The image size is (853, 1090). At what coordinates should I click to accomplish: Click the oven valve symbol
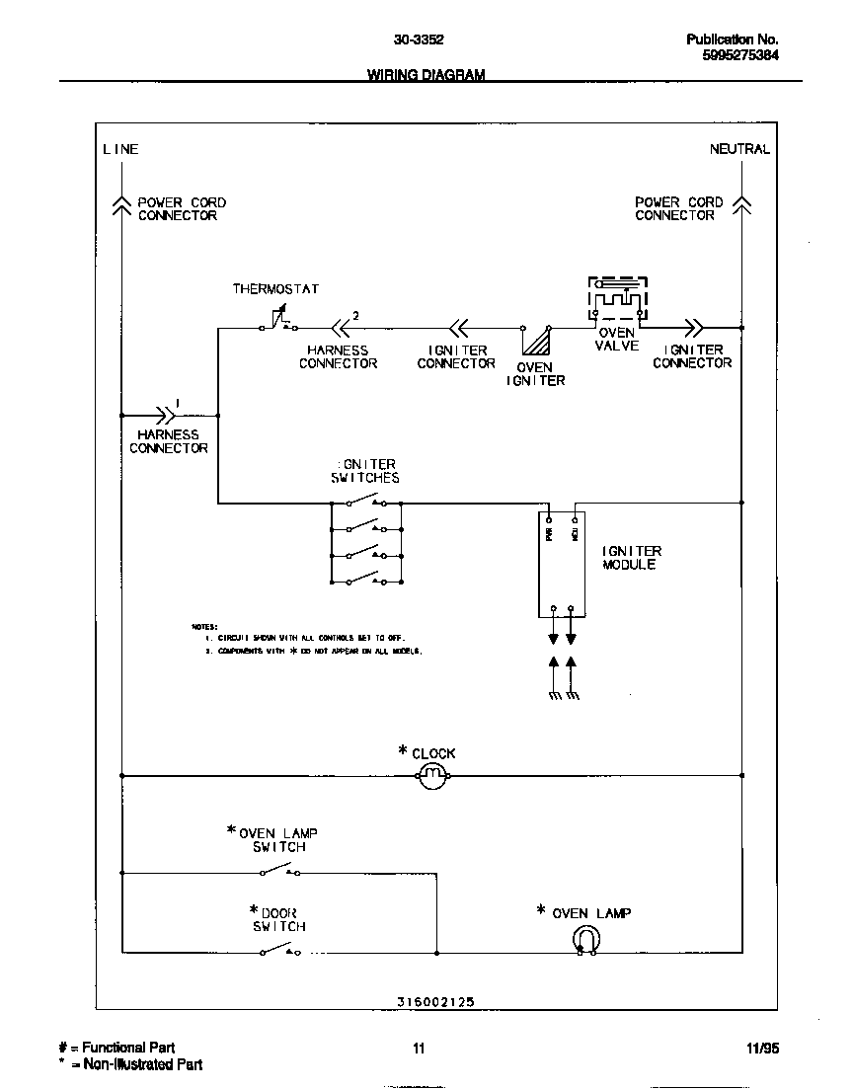click(618, 300)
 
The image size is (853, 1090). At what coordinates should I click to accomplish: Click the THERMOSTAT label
click(275, 289)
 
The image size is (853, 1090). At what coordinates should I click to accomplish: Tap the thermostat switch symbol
click(276, 321)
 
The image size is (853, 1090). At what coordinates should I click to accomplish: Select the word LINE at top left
click(120, 149)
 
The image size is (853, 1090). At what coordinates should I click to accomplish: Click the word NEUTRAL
click(738, 149)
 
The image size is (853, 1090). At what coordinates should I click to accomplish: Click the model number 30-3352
click(419, 39)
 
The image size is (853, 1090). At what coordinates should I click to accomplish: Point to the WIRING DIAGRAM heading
click(426, 75)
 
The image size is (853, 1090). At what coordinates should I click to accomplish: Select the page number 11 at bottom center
click(419, 1049)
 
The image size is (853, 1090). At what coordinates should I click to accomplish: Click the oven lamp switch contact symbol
click(280, 871)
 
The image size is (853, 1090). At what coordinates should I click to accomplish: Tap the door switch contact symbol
click(280, 951)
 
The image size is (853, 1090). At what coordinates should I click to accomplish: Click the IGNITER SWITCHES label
click(365, 471)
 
